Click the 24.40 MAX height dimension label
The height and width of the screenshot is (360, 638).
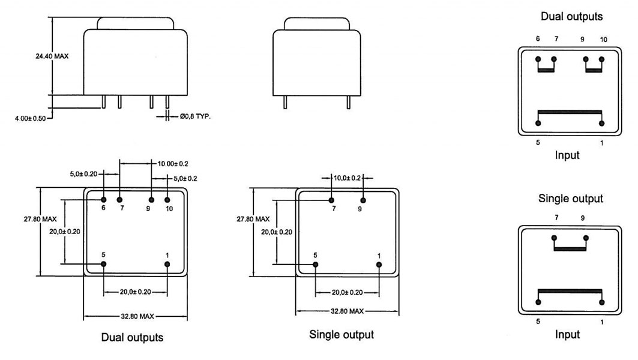52,56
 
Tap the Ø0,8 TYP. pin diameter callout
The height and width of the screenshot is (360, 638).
195,116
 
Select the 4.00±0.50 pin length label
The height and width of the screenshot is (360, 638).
31,118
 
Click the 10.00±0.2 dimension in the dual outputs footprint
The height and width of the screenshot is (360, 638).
173,164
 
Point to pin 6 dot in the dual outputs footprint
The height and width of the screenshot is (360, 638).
104,200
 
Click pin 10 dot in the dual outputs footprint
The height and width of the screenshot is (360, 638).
167,200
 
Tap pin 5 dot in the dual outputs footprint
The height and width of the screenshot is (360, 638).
104,264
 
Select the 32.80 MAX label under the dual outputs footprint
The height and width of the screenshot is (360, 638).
137,316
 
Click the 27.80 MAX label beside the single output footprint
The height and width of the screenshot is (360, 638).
253,219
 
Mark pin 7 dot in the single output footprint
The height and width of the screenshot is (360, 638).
332,200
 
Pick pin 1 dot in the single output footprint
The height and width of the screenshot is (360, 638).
379,265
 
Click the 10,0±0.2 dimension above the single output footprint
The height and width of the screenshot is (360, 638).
347,178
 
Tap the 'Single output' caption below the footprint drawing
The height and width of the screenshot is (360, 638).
342,334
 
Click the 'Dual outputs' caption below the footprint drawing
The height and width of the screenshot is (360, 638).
132,337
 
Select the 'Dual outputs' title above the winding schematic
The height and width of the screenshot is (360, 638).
571,16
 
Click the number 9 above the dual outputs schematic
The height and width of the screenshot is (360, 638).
582,40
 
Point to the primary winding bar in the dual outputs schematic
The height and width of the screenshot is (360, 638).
570,112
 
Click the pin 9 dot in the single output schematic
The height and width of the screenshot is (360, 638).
586,238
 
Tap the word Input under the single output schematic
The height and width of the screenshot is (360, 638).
567,334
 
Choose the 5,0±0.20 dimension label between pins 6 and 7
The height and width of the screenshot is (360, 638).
83,174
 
